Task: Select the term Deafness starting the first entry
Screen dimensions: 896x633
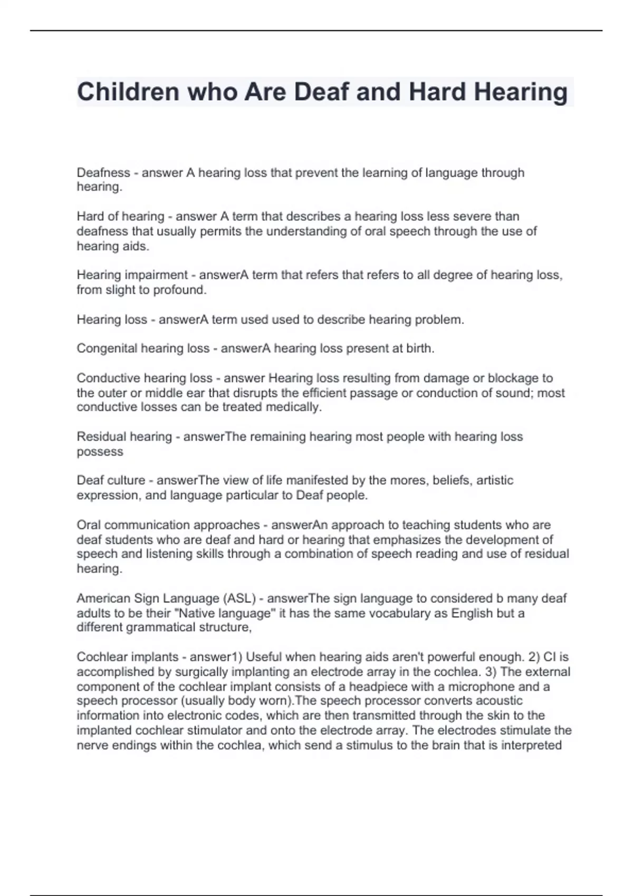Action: tap(103, 173)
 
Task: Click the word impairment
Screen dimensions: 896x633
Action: tap(156, 275)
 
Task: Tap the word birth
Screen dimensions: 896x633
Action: tap(419, 348)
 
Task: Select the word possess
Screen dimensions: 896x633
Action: tap(100, 452)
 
